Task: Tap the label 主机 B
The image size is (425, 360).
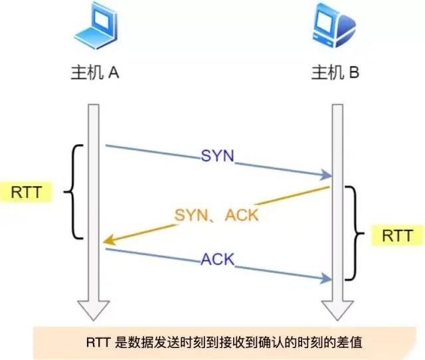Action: click(x=336, y=73)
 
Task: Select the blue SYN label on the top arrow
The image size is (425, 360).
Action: click(x=218, y=157)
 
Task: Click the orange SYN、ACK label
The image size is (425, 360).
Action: click(x=216, y=215)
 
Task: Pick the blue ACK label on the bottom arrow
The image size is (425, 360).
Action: click(x=218, y=259)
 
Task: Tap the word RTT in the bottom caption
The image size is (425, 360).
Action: click(x=100, y=343)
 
